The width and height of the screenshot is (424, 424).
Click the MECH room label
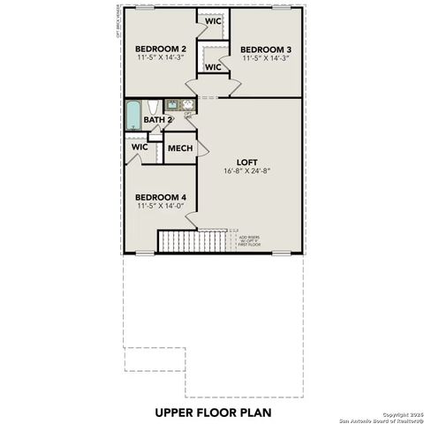tap(179, 148)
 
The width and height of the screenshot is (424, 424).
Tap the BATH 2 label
tap(157, 119)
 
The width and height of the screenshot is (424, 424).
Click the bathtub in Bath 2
tap(132, 115)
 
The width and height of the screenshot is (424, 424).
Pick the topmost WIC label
tap(213, 20)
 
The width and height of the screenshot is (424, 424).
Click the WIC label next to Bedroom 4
tap(140, 148)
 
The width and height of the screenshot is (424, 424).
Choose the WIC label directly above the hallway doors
tap(213, 66)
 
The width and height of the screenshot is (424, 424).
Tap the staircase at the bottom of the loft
tap(193, 240)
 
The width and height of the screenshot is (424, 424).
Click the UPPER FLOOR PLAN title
tap(212, 411)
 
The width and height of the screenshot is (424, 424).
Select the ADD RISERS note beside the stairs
tap(250, 240)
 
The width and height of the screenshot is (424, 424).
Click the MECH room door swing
tap(201, 150)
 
